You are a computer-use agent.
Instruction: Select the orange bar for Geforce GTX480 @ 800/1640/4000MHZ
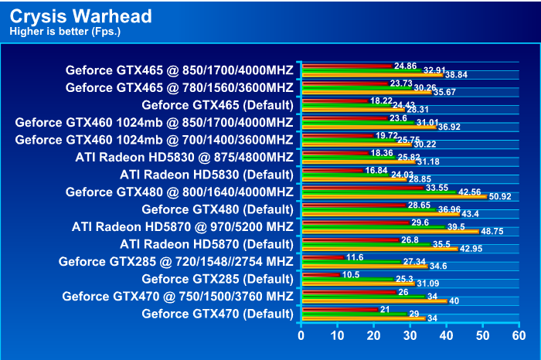pyautogui.click(x=394, y=197)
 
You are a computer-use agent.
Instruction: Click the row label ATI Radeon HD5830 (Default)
pyautogui.click(x=206, y=174)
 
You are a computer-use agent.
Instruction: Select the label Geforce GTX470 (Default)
pyautogui.click(x=217, y=313)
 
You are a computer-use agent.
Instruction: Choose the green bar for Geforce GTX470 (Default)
pyautogui.click(x=354, y=314)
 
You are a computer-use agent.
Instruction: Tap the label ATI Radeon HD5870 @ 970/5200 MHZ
pyautogui.click(x=182, y=226)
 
